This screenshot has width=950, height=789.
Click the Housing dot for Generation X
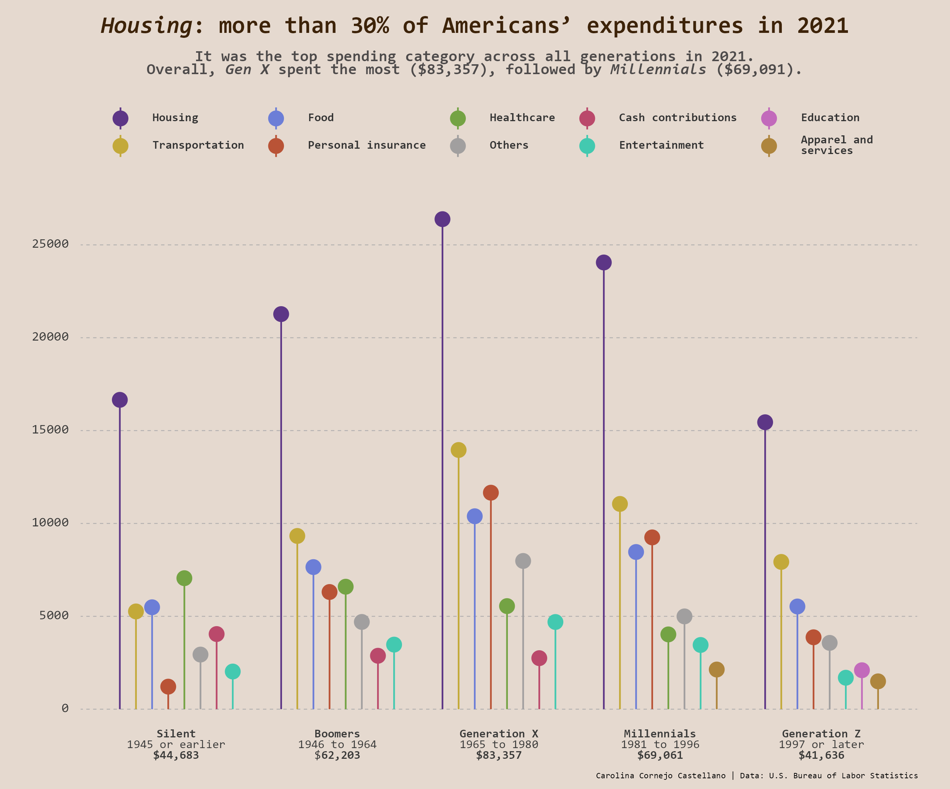coord(442,219)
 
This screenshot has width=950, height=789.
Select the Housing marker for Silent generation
coord(120,399)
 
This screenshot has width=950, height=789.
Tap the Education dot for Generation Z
coord(861,670)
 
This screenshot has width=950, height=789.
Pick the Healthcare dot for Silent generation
coord(184,578)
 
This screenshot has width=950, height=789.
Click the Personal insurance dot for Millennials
coord(652,537)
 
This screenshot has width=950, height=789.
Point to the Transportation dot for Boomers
coord(297,536)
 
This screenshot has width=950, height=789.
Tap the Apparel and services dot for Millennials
coord(717,669)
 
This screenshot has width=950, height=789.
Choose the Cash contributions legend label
coord(677,118)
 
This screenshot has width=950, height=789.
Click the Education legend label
coord(830,118)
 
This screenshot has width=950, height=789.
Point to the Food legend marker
coord(276,118)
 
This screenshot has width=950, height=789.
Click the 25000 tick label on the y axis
coord(50,244)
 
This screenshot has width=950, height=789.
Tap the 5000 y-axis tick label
coord(54,615)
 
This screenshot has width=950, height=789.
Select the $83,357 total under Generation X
coord(499,755)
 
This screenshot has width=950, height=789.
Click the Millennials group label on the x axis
coord(660,734)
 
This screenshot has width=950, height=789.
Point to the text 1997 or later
coord(821,744)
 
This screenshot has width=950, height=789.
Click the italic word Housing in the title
coord(147,26)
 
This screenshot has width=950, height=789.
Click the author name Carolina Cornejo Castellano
coord(660,775)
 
